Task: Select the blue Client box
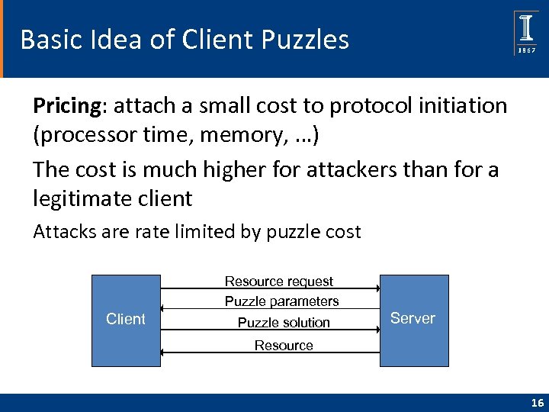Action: (x=126, y=320)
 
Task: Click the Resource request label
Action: (x=278, y=282)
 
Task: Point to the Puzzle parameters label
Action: (x=281, y=301)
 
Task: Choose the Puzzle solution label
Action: (x=284, y=323)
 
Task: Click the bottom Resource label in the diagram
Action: (x=284, y=346)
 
